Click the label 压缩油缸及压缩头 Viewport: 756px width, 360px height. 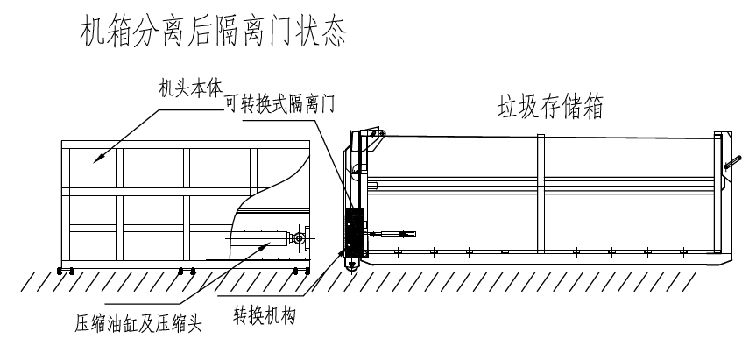coord(138,325)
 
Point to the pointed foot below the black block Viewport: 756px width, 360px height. coord(352,264)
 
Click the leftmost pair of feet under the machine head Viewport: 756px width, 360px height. coord(66,269)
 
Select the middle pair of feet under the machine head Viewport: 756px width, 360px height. coord(185,269)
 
